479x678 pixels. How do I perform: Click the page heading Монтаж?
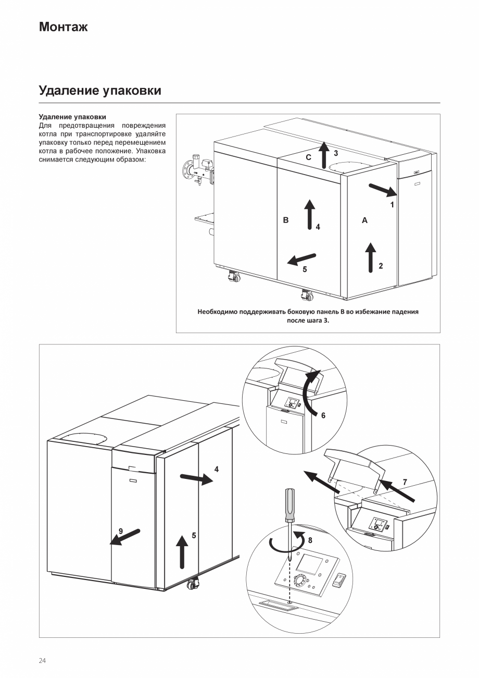tap(63, 27)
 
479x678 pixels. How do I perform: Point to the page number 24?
tap(42, 661)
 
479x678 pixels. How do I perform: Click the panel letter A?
tap(364, 220)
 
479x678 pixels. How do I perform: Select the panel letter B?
tap(285, 220)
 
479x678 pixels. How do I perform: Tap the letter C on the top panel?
tap(309, 157)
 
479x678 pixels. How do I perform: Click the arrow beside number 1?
tap(382, 190)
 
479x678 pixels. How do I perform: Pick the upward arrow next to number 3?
tap(323, 154)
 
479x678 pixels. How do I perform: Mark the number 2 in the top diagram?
tap(381, 266)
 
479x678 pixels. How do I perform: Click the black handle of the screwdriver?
tap(288, 504)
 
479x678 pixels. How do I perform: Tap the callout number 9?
tap(120, 531)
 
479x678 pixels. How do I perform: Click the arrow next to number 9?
tap(125, 537)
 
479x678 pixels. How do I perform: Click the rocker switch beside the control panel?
tap(339, 581)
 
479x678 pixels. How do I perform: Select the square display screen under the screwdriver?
tap(309, 565)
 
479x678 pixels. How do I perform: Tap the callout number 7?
tap(405, 483)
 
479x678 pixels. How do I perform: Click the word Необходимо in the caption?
tap(215, 312)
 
